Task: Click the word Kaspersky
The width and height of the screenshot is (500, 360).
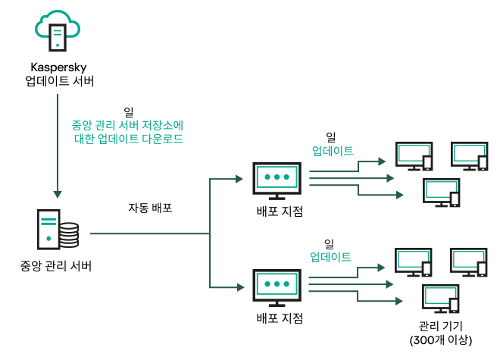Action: pyautogui.click(x=58, y=67)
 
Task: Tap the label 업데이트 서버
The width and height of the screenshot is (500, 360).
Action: pyautogui.click(x=58, y=81)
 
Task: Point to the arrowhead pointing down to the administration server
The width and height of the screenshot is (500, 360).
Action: pyautogui.click(x=58, y=193)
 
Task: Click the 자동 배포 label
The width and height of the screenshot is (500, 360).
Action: pyautogui.click(x=149, y=207)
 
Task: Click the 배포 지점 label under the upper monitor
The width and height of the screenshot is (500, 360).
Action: pyautogui.click(x=280, y=211)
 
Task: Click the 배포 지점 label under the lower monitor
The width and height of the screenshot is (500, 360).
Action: pyautogui.click(x=280, y=317)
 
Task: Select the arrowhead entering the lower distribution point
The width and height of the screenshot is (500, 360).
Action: pyautogui.click(x=238, y=286)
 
